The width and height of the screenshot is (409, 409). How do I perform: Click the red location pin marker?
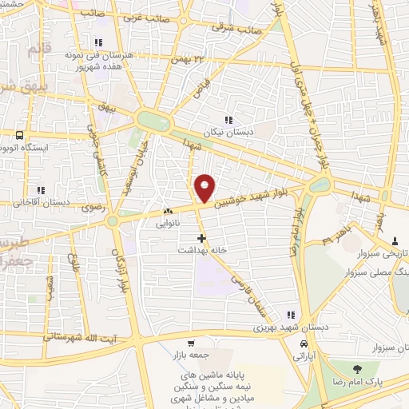[205, 188]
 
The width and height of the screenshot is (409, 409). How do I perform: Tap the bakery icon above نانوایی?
[168, 211]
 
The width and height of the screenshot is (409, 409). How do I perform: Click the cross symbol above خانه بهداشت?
[202, 237]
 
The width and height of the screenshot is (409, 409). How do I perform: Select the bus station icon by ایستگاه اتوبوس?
[18, 134]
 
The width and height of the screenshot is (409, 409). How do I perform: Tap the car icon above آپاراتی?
[304, 343]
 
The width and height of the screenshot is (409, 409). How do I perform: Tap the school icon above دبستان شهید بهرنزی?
[291, 314]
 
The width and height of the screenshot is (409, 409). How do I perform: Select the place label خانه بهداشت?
[203, 250]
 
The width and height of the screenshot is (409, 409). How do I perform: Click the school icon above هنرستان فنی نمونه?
[98, 42]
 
